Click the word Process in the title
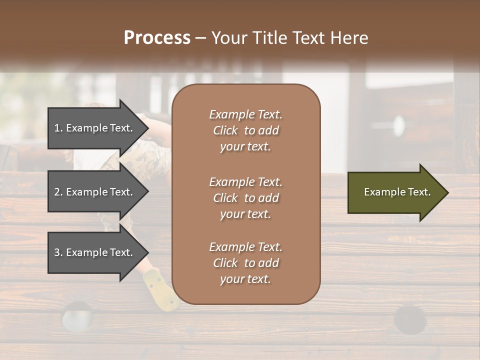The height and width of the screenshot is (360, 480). pyautogui.click(x=157, y=38)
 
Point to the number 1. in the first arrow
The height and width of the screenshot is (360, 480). pyautogui.click(x=58, y=128)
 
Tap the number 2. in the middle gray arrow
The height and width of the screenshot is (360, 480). pyautogui.click(x=58, y=192)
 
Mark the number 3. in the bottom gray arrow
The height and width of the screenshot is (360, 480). pyautogui.click(x=58, y=252)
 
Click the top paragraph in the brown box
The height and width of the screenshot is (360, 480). pyautogui.click(x=245, y=130)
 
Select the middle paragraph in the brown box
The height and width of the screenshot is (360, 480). pyautogui.click(x=245, y=197)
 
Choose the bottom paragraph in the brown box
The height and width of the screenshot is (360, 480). pyautogui.click(x=245, y=263)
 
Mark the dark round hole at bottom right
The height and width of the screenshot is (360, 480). pyautogui.click(x=410, y=319)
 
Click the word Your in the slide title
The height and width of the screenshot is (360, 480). pyautogui.click(x=227, y=38)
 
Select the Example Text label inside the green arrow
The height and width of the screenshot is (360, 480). pyautogui.click(x=397, y=192)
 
